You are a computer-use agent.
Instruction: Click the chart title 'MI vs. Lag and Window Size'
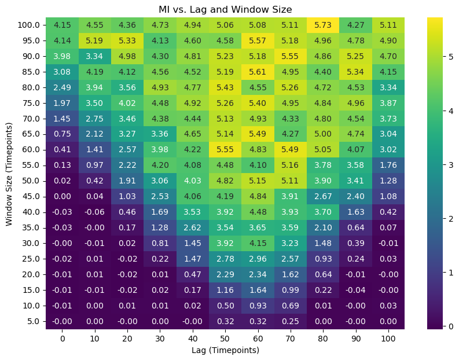point(225,9)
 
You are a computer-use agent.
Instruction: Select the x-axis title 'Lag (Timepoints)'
point(225,350)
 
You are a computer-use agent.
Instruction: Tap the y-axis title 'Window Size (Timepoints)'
point(9,174)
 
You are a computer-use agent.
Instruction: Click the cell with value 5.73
point(323,25)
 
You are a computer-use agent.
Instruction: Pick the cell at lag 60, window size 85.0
point(258,72)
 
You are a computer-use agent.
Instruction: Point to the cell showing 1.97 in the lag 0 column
point(62,103)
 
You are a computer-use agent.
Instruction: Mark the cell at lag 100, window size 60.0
point(388,150)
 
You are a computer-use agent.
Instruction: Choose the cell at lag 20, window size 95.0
point(127,41)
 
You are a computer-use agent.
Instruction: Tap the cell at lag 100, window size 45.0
point(388,196)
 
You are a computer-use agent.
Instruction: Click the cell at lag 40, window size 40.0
point(192,212)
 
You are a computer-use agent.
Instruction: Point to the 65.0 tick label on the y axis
point(29,134)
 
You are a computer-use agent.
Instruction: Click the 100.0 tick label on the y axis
point(27,25)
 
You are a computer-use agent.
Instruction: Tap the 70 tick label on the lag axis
point(291,338)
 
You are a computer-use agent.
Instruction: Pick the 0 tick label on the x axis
point(62,338)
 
